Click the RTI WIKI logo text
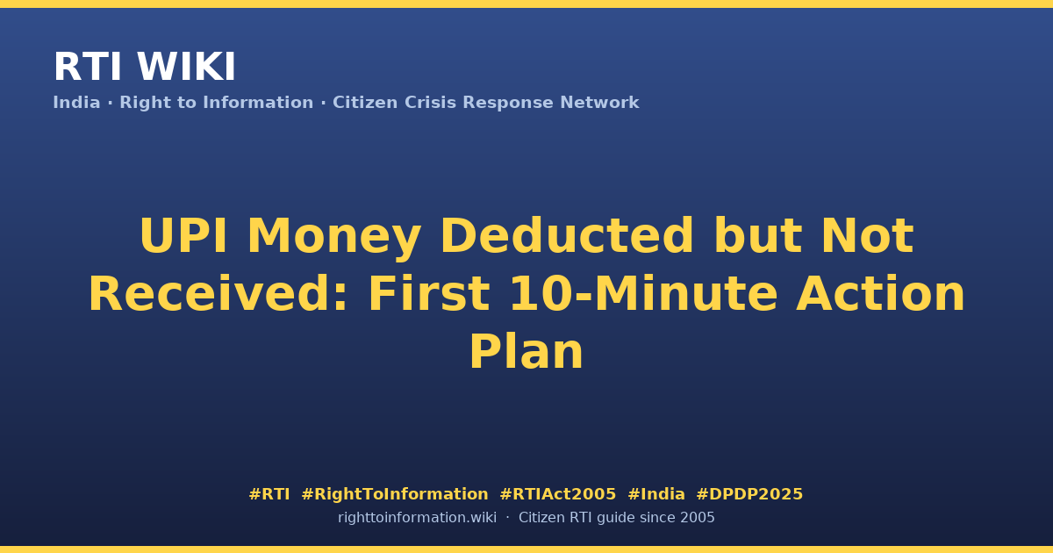(144, 67)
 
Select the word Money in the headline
(333, 239)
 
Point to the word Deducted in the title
(567, 235)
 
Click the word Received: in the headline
(218, 293)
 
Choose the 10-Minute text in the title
(644, 293)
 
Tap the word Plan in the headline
(526, 352)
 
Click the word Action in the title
(880, 293)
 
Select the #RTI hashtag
(269, 494)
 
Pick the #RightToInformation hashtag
(395, 494)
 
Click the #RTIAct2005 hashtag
(558, 494)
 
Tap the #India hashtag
(656, 494)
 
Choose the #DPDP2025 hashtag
(749, 494)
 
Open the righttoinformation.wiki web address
(418, 518)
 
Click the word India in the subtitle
(76, 103)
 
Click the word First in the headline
(429, 293)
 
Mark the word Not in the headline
(867, 235)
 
